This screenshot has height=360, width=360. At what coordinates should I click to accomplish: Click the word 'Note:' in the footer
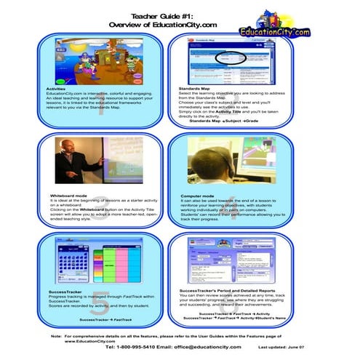pos(56,337)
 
